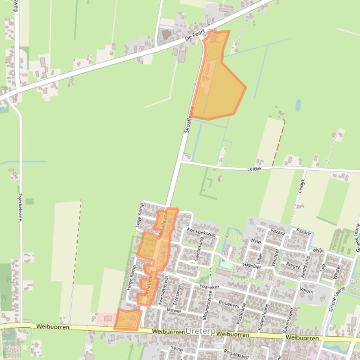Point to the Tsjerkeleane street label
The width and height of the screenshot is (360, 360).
tap(20, 208)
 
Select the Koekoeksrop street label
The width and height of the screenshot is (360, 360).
tap(201, 232)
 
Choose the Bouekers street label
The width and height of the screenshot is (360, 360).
tap(229, 304)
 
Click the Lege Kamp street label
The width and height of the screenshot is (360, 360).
tap(139, 216)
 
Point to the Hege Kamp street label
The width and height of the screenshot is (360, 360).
tap(132, 278)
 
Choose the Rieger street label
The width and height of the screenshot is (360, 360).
tap(294, 265)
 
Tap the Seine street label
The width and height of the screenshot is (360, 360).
tap(176, 349)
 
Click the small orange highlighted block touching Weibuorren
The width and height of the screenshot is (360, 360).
tap(128, 319)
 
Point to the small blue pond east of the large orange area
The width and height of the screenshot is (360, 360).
tap(298, 106)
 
